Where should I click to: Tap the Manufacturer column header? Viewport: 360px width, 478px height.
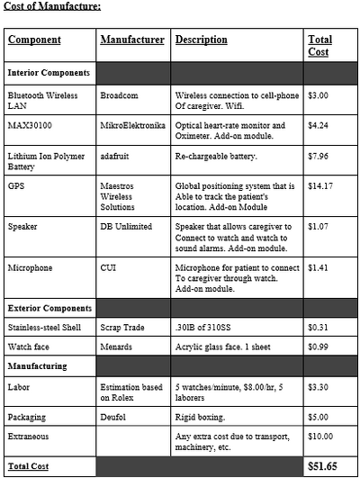[132, 41]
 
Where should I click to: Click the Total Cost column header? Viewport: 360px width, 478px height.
[319, 46]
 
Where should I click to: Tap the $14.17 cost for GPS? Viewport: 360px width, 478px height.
[320, 186]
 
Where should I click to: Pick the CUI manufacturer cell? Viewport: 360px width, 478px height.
[109, 267]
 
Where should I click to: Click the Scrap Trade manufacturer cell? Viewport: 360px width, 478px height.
[124, 328]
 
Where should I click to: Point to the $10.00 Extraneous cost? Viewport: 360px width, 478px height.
[321, 437]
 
